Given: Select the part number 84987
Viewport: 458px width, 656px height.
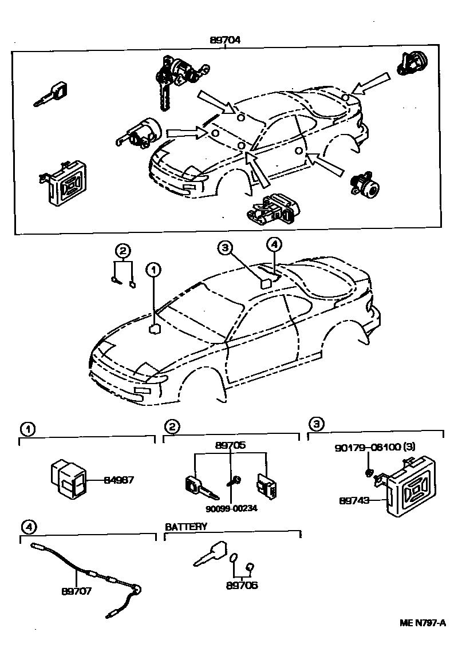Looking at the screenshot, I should pyautogui.click(x=119, y=480).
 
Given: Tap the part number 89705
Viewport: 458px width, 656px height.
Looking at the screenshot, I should pyautogui.click(x=230, y=445).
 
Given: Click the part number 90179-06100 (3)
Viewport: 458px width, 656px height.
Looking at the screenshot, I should pyautogui.click(x=378, y=446).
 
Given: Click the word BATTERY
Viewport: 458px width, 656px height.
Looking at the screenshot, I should pyautogui.click(x=186, y=526).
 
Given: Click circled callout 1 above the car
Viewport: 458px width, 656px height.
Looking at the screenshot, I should pyautogui.click(x=153, y=268).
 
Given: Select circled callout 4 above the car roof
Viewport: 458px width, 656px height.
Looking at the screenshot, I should pyautogui.click(x=274, y=245).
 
